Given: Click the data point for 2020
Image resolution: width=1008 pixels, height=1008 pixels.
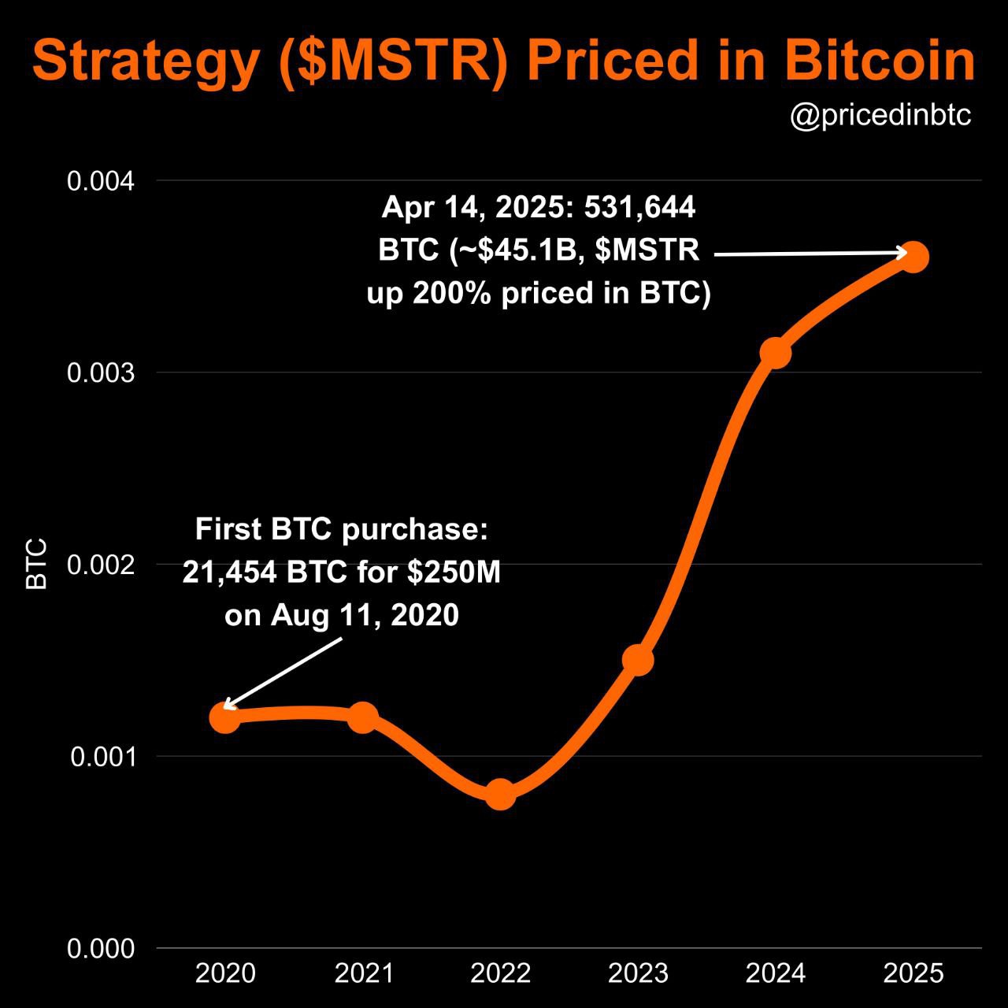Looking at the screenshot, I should pyautogui.click(x=225, y=717).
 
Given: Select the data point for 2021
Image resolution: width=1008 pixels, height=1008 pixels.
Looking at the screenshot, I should pyautogui.click(x=362, y=717).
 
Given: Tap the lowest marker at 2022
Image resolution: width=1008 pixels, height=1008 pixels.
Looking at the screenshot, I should pyautogui.click(x=500, y=794).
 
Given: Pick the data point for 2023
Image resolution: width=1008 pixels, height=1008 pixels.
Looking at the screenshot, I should pyautogui.click(x=638, y=660).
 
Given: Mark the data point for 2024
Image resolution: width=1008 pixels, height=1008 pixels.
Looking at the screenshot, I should pyautogui.click(x=776, y=353).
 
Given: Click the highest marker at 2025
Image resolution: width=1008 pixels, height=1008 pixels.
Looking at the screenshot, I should pyautogui.click(x=913, y=257).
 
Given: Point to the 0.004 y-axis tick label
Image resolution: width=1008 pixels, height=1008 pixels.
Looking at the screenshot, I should pyautogui.click(x=101, y=181).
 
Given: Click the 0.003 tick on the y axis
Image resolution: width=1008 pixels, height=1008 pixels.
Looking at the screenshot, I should pyautogui.click(x=101, y=372).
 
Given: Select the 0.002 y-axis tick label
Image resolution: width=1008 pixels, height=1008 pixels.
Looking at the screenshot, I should pyautogui.click(x=101, y=565).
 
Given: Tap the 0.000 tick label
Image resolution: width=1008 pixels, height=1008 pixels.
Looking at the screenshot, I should pyautogui.click(x=101, y=949).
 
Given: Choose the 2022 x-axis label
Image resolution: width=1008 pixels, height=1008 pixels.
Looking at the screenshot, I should pyautogui.click(x=500, y=974).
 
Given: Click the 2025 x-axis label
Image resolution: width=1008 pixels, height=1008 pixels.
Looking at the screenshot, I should pyautogui.click(x=913, y=974).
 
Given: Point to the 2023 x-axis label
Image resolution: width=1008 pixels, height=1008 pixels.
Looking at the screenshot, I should pyautogui.click(x=638, y=974).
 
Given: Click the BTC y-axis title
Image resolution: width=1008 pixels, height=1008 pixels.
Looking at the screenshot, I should pyautogui.click(x=37, y=564).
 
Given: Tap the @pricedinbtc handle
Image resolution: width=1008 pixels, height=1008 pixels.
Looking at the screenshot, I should pyautogui.click(x=880, y=117).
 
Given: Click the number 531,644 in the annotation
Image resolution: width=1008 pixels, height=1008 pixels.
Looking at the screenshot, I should pyautogui.click(x=639, y=207).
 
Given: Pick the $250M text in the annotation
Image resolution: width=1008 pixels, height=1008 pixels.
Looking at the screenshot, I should pyautogui.click(x=454, y=573).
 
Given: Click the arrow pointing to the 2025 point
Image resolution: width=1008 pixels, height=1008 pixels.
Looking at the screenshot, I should pyautogui.click(x=811, y=254).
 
